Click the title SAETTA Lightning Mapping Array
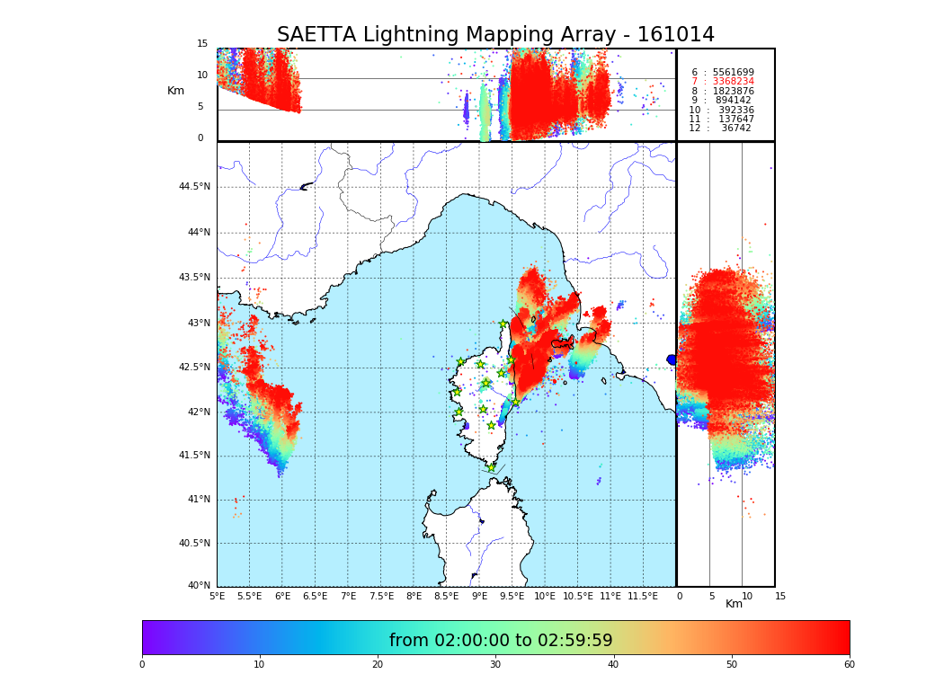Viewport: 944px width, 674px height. [x=495, y=35]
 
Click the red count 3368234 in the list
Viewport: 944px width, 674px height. [x=733, y=82]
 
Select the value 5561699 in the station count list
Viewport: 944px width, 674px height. [x=733, y=72]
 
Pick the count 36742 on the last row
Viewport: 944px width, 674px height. [x=735, y=129]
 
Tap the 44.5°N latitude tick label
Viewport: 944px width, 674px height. [x=193, y=187]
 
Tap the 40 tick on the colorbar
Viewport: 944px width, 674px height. [x=613, y=665]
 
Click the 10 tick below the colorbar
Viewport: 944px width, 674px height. [x=259, y=665]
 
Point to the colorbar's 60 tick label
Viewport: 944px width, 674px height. [x=849, y=665]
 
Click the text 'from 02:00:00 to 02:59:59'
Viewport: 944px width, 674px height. [x=501, y=641]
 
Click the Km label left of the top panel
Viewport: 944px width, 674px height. [x=175, y=91]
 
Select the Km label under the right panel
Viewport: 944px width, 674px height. [x=734, y=604]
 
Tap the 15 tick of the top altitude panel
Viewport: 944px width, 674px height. [x=202, y=44]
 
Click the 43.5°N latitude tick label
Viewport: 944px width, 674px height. [x=193, y=278]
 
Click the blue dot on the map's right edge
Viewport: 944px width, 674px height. [x=672, y=359]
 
